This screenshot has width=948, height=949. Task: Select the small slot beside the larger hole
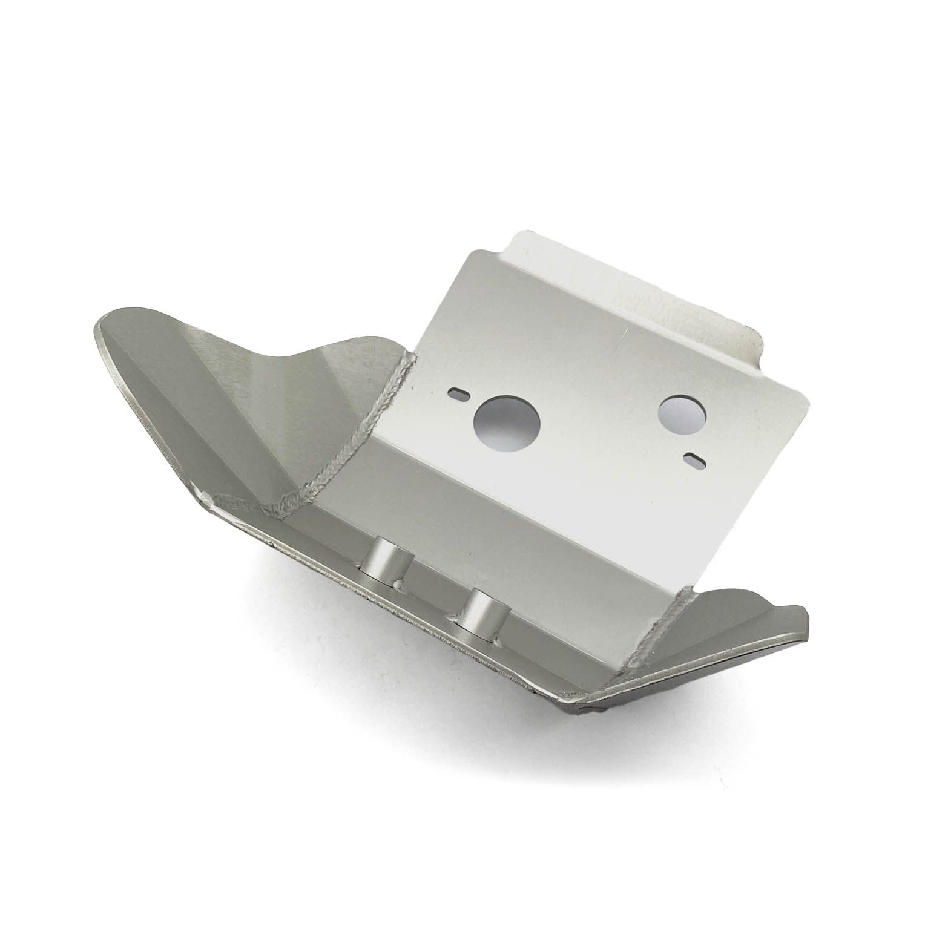458,394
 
